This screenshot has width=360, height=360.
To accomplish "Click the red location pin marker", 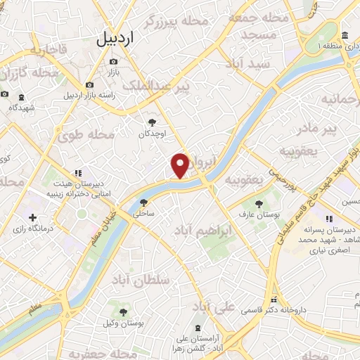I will tap(181, 164).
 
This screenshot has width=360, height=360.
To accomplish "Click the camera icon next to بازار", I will tap(113, 62).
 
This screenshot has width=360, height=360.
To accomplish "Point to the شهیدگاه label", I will tap(22, 108).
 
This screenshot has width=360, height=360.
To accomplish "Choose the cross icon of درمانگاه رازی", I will tap(32, 217).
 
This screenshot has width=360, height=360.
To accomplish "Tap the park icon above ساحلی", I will tap(143, 202).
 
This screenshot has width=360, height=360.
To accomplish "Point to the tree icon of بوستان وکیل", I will tap(124, 311).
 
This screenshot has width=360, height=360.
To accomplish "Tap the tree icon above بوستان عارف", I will tap(259, 203).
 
